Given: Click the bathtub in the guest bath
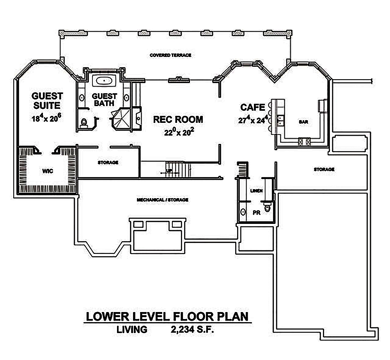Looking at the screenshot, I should click(x=104, y=81).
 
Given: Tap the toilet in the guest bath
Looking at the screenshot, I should click(x=83, y=122).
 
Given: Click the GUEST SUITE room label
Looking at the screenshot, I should click(x=47, y=100).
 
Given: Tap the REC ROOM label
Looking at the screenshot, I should click(x=178, y=119).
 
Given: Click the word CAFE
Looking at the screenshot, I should click(x=252, y=107).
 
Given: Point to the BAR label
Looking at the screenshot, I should click(x=303, y=122).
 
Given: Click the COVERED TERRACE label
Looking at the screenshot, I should click(x=170, y=55).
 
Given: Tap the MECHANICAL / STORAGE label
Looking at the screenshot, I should click(x=162, y=200).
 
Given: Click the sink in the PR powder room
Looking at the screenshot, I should click(x=243, y=212).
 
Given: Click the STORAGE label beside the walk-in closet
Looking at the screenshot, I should click(x=108, y=162).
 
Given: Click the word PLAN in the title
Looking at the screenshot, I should click(x=230, y=316).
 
